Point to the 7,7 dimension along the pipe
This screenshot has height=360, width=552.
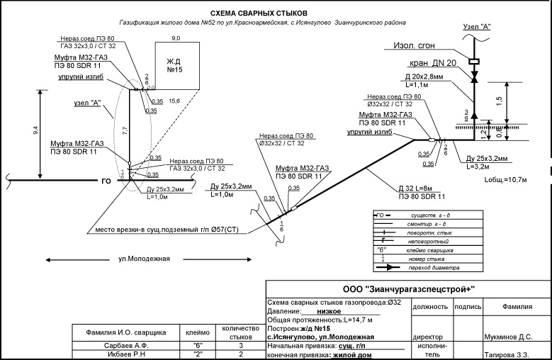[125, 130]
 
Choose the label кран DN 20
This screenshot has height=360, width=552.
[433, 63]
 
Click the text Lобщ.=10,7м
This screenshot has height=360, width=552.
[505, 180]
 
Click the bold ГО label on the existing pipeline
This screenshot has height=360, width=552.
[106, 181]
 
